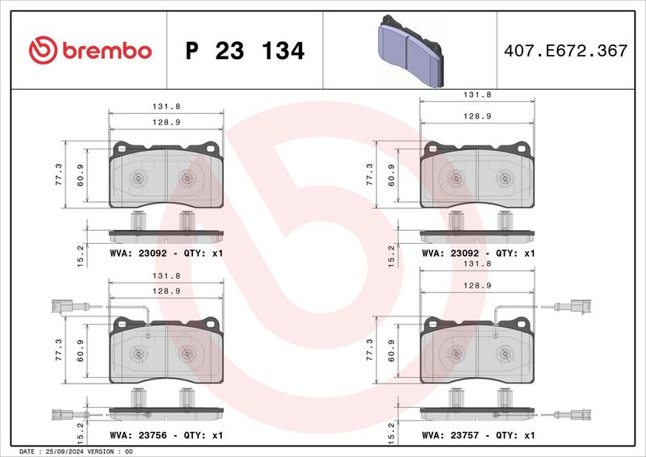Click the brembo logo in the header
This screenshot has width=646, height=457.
point(90,51)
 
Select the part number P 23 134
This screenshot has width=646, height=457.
point(245,52)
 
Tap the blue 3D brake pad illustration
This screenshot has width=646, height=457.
point(410,52)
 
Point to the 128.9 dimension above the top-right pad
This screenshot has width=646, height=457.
point(477,116)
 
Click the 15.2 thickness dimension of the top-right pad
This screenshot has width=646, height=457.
point(392,256)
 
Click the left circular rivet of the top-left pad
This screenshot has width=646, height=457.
point(135,178)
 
